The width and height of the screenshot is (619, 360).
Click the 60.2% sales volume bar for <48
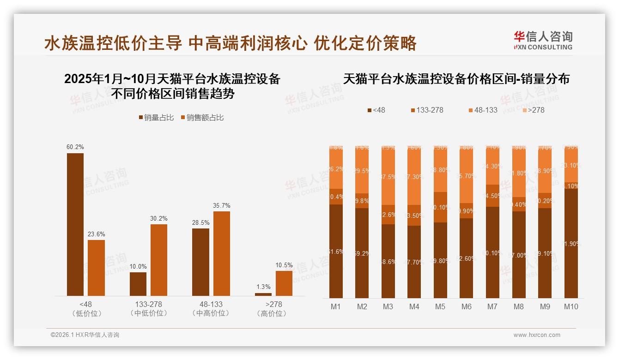pyautogui.click(x=75, y=224)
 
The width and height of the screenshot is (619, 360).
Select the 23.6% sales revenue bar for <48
pyautogui.click(x=96, y=268)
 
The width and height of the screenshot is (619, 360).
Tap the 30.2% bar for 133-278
pyautogui.click(x=159, y=260)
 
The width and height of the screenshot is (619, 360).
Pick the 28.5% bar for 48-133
pyautogui.click(x=200, y=262)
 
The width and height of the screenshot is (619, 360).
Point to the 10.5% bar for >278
pyautogui.click(x=284, y=283)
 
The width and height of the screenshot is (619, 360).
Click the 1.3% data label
pyautogui.click(x=263, y=287)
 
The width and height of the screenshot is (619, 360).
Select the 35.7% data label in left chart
pyautogui.click(x=222, y=205)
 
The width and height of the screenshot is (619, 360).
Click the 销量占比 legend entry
pyautogui.click(x=156, y=118)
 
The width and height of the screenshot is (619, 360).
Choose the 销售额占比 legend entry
pyautogui.click(x=202, y=118)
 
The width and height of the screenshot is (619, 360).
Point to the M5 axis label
pyautogui.click(x=440, y=306)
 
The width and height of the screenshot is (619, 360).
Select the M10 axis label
pyautogui.click(x=571, y=306)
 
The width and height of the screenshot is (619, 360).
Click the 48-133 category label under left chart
pyautogui.click(x=211, y=304)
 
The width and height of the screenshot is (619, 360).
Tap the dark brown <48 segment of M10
pyautogui.click(x=571, y=244)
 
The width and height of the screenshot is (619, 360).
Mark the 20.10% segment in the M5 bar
pyautogui.click(x=440, y=207)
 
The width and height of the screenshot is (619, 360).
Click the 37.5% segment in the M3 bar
pyautogui.click(x=388, y=177)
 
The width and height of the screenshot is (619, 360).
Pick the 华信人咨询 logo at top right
pyautogui.click(x=543, y=40)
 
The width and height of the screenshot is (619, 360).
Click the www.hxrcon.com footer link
pyautogui.click(x=537, y=335)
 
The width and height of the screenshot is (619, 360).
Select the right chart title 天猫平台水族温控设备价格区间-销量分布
pyautogui.click(x=456, y=79)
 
